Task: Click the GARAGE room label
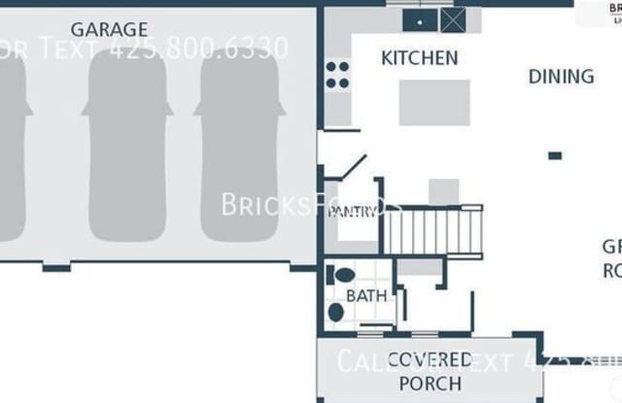pyautogui.click(x=109, y=29)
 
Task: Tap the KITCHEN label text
pyautogui.click(x=419, y=58)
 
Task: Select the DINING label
pyautogui.click(x=561, y=76)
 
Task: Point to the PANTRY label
pyautogui.click(x=352, y=212)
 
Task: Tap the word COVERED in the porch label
pyautogui.click(x=430, y=359)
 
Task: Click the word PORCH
pyautogui.click(x=429, y=383)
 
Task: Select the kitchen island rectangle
pyautogui.click(x=433, y=103)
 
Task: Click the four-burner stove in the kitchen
pyautogui.click(x=337, y=75)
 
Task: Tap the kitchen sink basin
pyautogui.click(x=420, y=19)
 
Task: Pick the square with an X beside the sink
pyautogui.click(x=453, y=19)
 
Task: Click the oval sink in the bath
pyautogui.click(x=336, y=312)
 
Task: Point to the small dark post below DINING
pyautogui.click(x=554, y=155)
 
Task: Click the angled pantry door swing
pyautogui.click(x=353, y=167)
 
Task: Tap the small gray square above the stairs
pyautogui.click(x=444, y=191)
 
